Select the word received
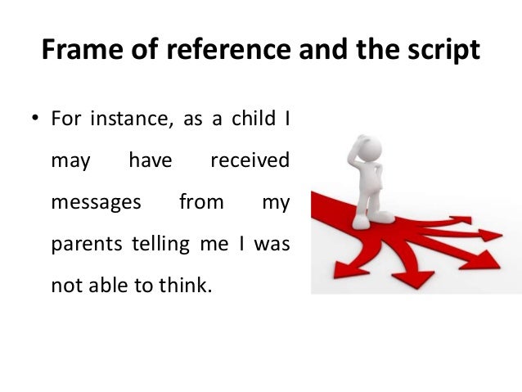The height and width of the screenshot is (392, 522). [x=250, y=160]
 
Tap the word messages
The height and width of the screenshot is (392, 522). [x=96, y=201]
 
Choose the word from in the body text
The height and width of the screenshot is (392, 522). [x=200, y=201]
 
